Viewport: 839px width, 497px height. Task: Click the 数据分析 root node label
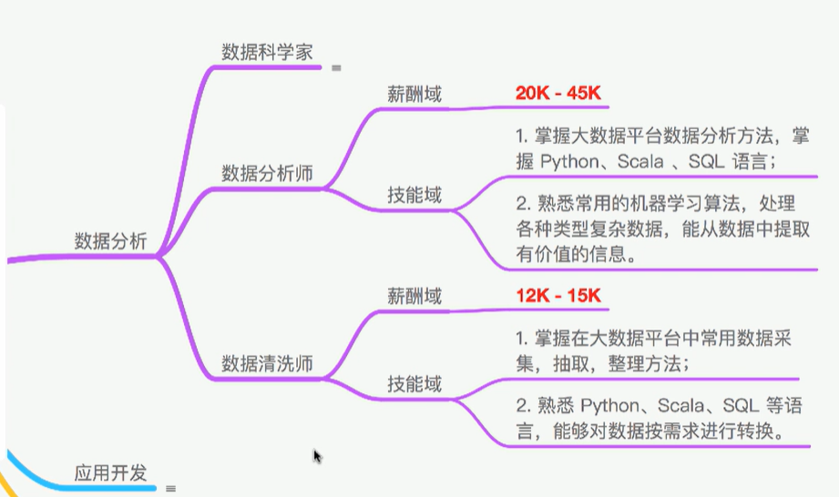[110, 241]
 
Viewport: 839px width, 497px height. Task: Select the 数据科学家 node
[267, 51]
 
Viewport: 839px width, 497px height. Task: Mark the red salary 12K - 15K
[558, 296]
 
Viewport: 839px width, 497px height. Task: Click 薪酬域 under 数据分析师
[414, 93]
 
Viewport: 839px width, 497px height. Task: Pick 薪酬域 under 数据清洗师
[414, 296]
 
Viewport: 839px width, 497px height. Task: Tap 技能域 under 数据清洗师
[414, 384]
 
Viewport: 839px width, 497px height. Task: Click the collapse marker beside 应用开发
[170, 489]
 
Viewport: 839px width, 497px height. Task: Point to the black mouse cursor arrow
[316, 456]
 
